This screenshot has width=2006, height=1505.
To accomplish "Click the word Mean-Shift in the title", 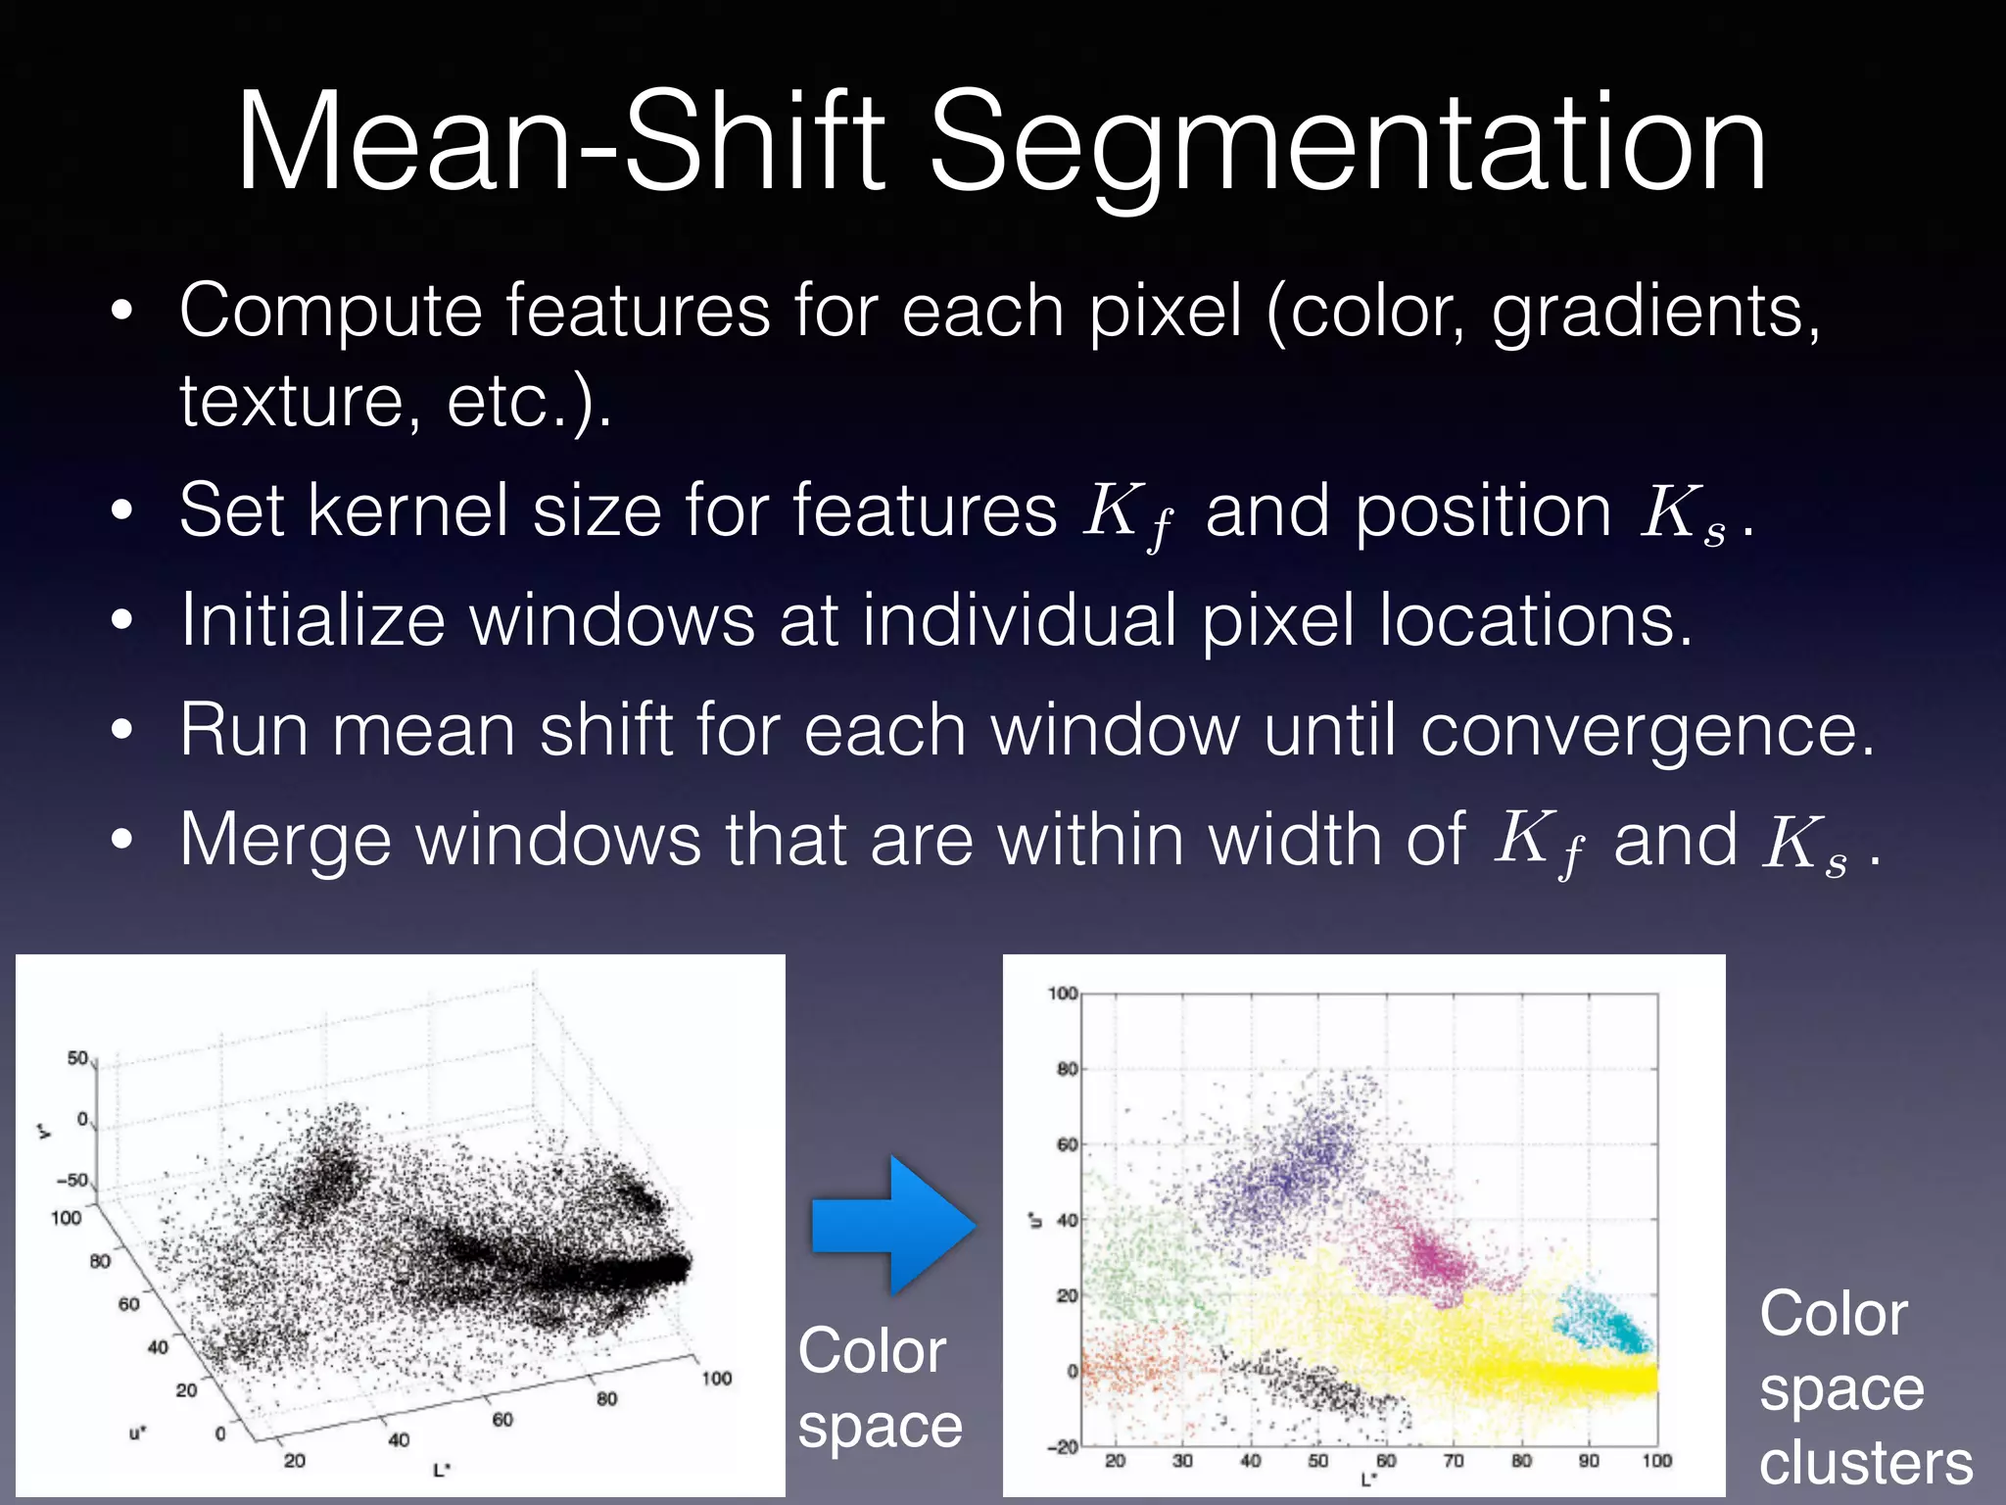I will pos(560,141).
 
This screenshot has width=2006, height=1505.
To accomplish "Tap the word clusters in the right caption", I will pos(1865,1463).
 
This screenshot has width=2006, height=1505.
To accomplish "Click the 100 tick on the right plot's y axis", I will pos(1062,994).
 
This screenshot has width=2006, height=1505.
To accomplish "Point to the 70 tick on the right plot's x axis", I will pos(1454,1461).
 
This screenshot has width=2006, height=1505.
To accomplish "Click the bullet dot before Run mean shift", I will pos(120,731).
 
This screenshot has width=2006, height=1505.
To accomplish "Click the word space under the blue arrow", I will pos(880,1426).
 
